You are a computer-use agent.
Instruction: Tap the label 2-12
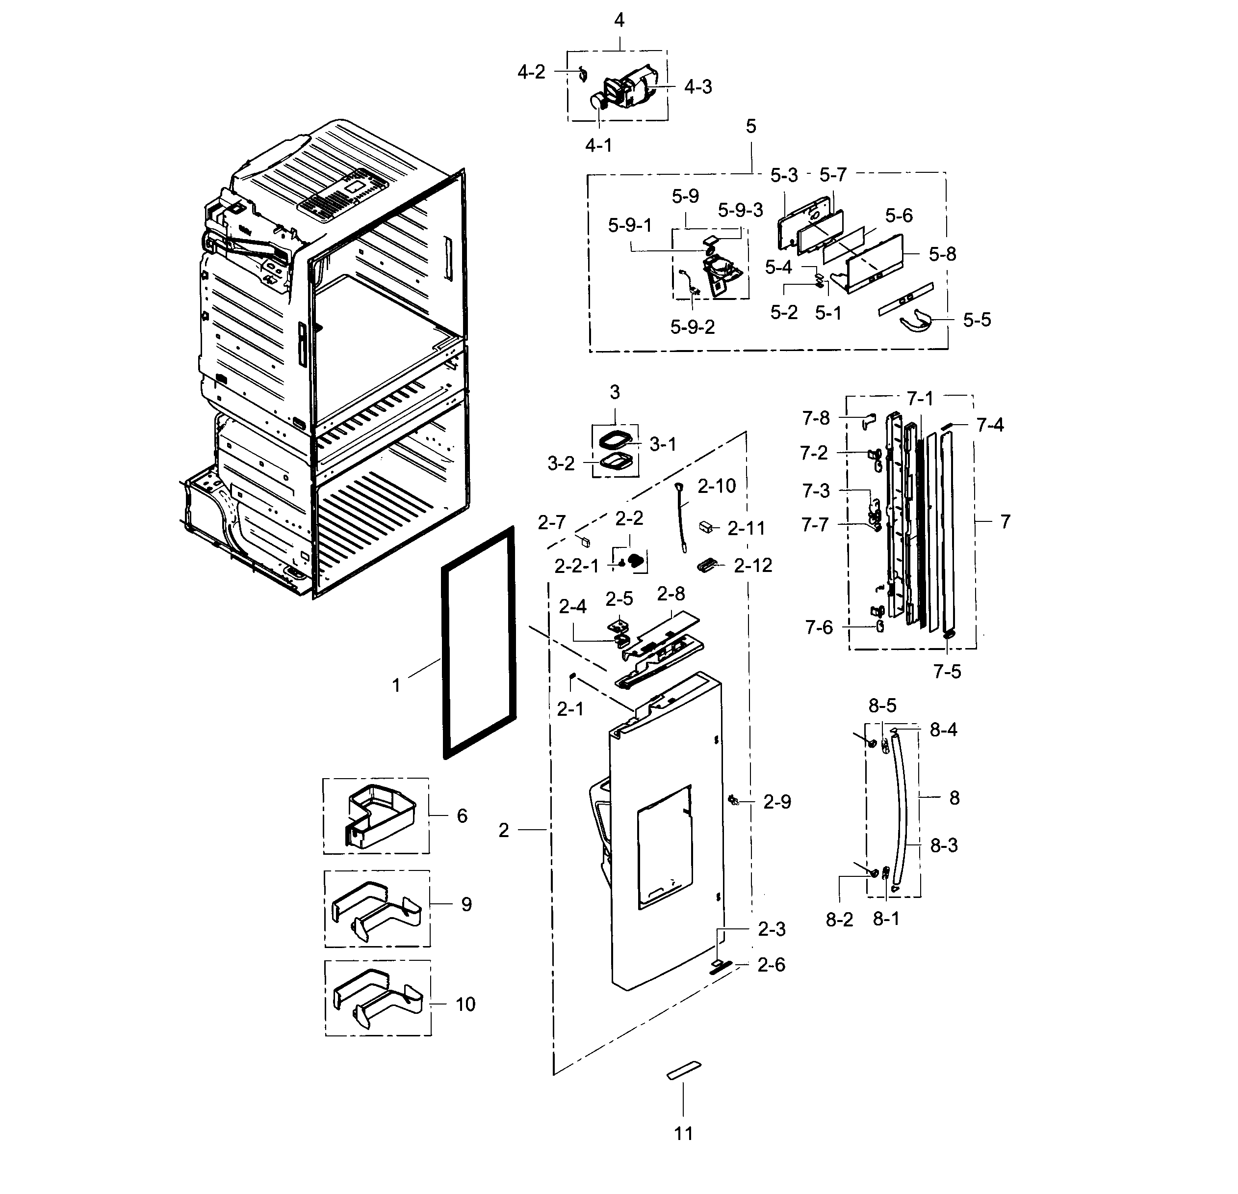click(753, 566)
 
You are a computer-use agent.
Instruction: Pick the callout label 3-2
click(561, 464)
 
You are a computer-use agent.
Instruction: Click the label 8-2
click(839, 920)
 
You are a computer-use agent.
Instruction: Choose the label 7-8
click(816, 418)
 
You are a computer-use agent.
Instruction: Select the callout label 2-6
click(771, 965)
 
